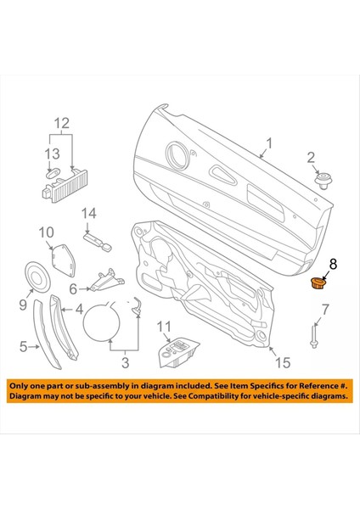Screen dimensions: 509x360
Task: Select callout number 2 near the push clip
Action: (311, 156)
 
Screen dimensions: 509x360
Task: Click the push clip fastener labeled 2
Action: (323, 180)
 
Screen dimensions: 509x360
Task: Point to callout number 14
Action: (89, 214)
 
